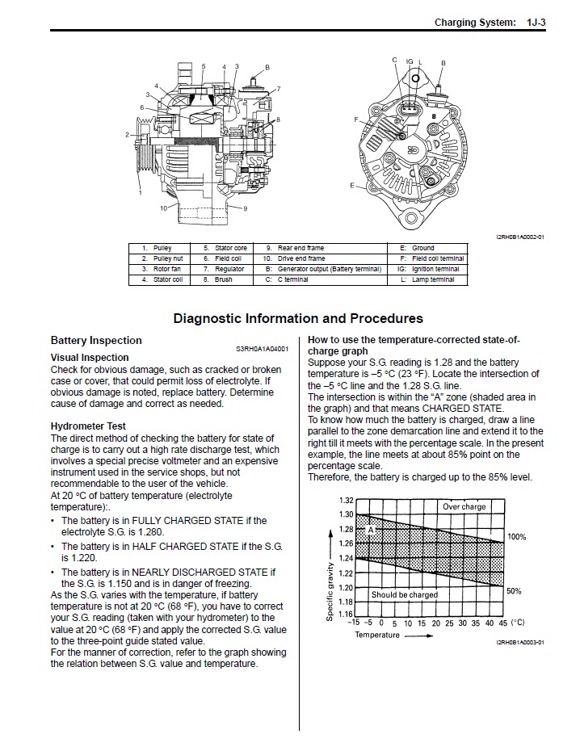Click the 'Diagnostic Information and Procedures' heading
click(298, 319)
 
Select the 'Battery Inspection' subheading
click(96, 341)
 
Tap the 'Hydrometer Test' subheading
click(88, 426)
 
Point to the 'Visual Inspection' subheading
click(90, 357)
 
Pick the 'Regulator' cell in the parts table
click(229, 269)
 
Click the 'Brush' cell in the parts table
click(224, 279)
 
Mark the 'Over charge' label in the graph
click(464, 507)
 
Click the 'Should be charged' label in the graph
click(404, 595)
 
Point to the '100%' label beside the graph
click(516, 537)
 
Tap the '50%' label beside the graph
click(514, 591)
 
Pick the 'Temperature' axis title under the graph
click(377, 635)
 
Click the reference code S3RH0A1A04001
click(262, 349)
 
